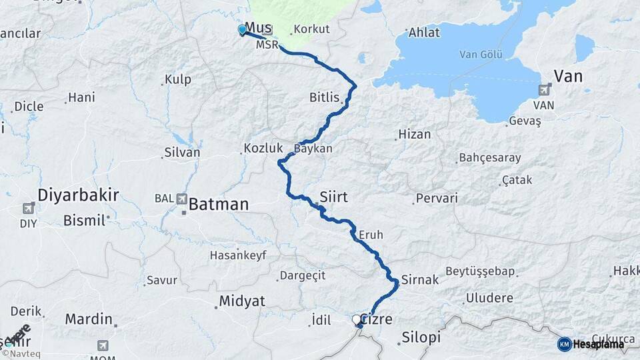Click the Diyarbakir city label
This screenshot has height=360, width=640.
[78, 195]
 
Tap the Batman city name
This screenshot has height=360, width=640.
[218, 204]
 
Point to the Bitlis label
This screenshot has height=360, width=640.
[325, 98]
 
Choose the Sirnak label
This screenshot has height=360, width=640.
[420, 280]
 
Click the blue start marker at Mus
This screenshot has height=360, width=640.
[242, 29]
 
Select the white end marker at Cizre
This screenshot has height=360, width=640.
[357, 320]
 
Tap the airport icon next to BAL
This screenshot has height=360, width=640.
[181, 198]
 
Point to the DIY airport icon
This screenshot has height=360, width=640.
[28, 209]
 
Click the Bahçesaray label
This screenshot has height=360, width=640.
[489, 158]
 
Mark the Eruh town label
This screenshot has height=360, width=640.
[371, 235]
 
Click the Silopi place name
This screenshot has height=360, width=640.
[421, 337]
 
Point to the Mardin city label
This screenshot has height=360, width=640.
[88, 319]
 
